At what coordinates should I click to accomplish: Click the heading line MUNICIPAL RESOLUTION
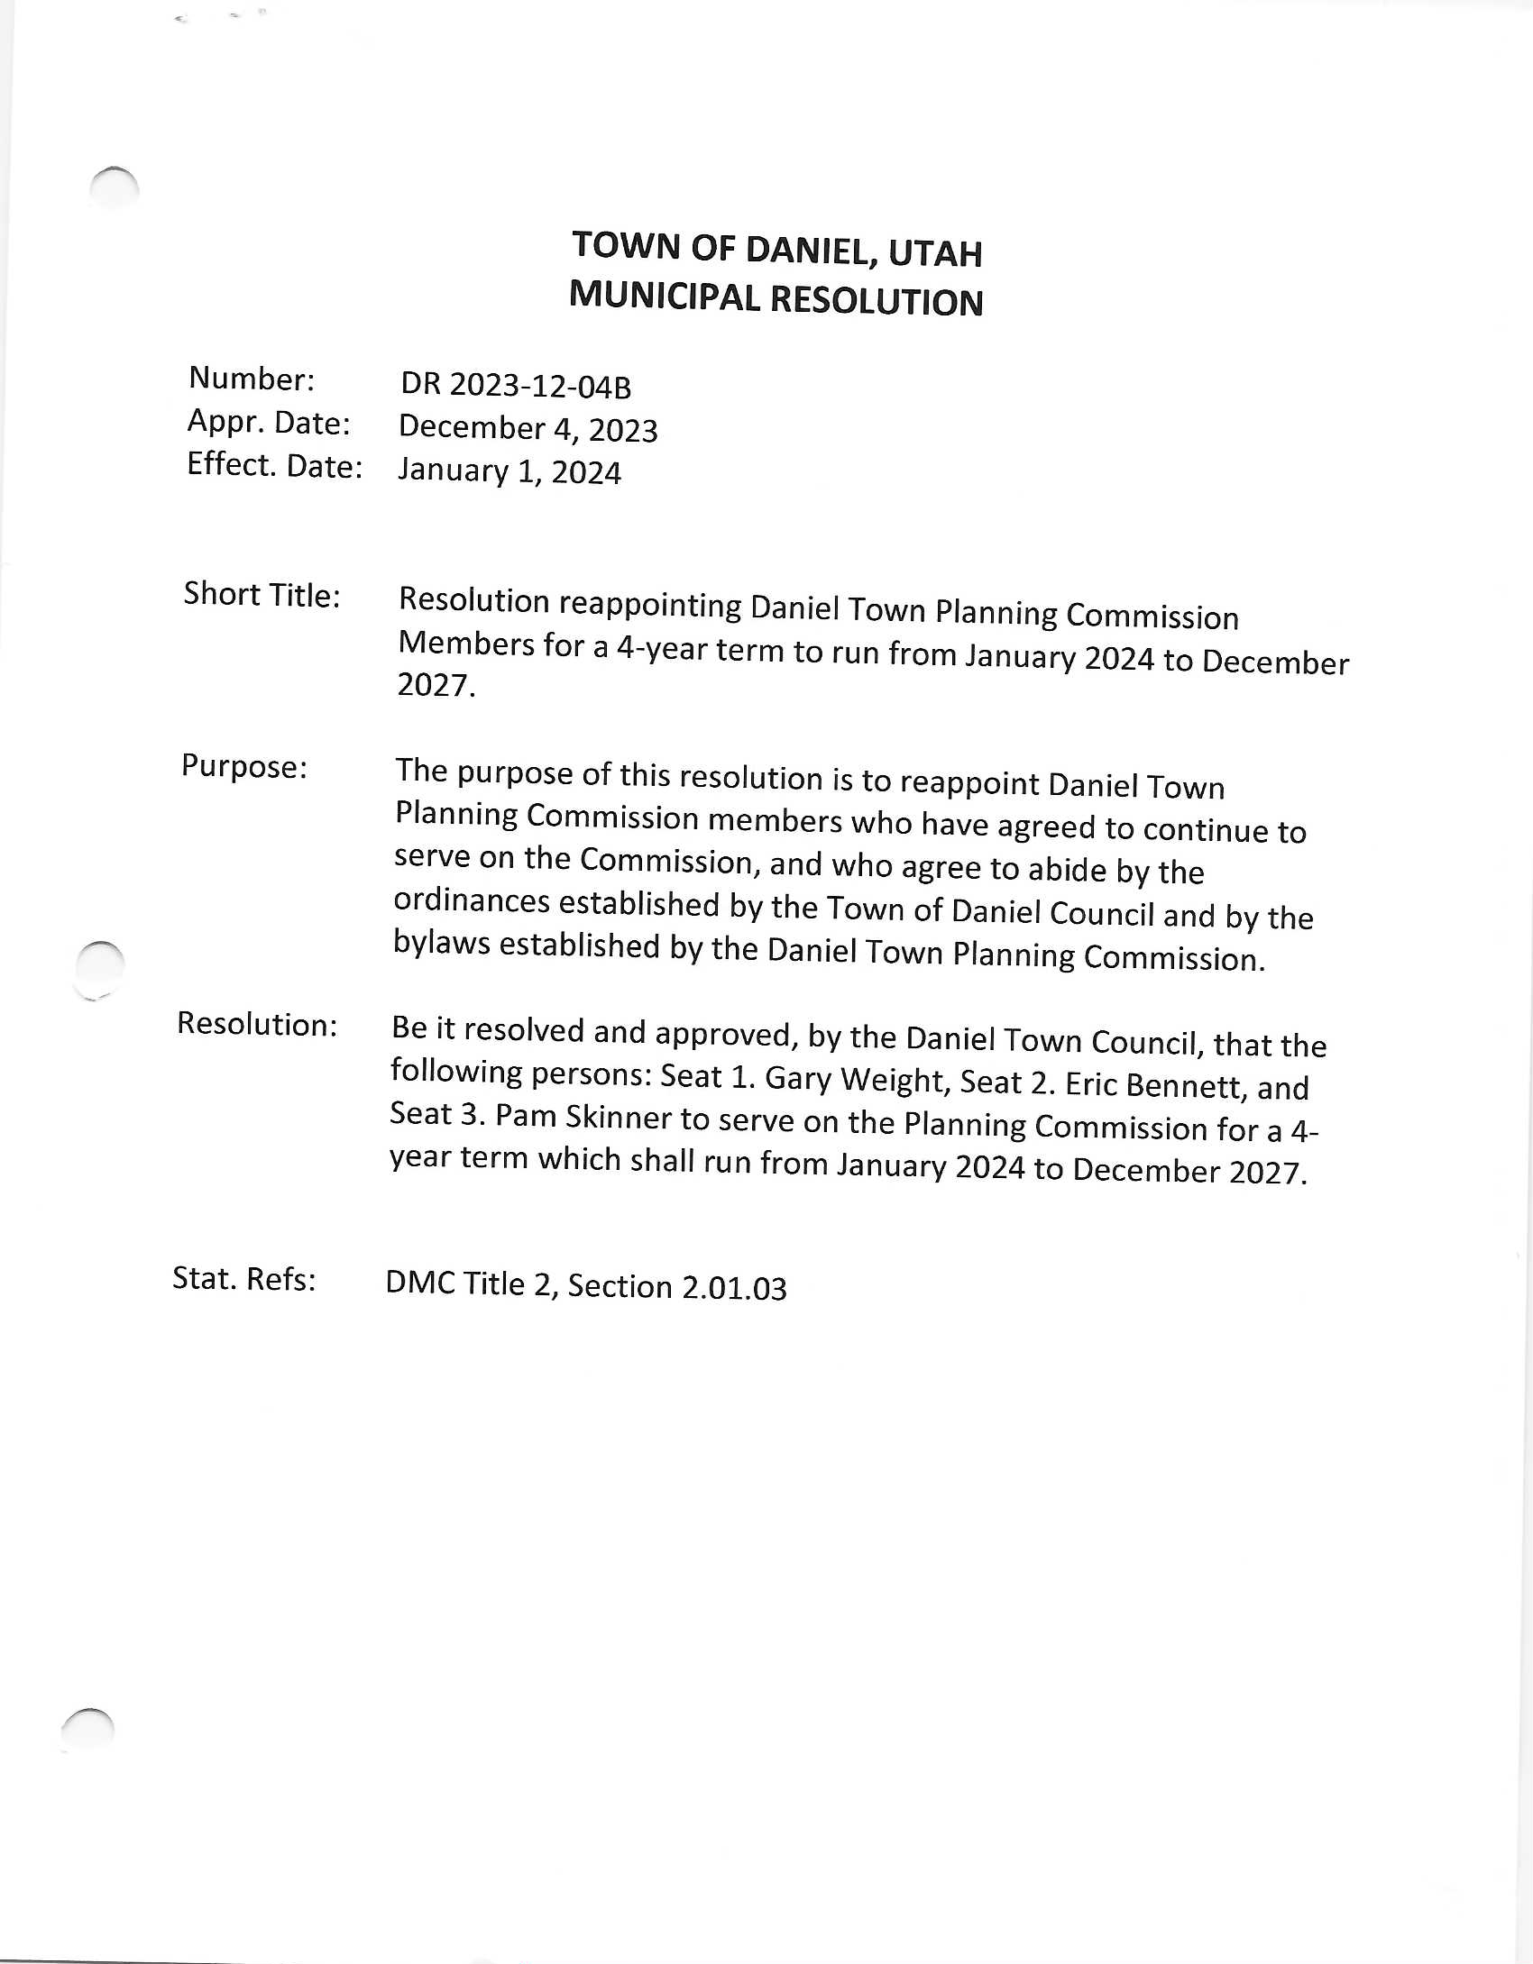[776, 299]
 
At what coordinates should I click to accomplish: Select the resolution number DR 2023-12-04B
[516, 386]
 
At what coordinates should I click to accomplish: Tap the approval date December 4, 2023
[528, 429]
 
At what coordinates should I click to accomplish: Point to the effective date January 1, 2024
[509, 471]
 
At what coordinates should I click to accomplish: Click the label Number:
[252, 379]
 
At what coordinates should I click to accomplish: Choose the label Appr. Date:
[269, 423]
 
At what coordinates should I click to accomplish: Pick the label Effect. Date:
[274, 465]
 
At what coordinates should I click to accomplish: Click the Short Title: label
[262, 595]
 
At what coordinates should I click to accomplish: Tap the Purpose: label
[244, 767]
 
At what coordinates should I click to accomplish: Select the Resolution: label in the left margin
[257, 1024]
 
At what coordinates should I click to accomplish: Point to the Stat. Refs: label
[244, 1278]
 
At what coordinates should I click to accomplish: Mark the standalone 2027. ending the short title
[436, 686]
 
